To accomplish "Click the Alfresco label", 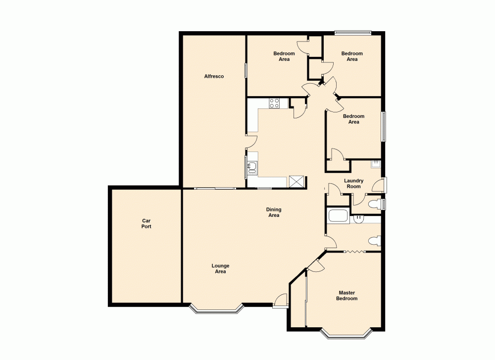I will click(x=214, y=76).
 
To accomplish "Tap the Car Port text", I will click(x=146, y=223).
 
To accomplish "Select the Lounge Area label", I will click(x=220, y=269).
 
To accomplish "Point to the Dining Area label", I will click(x=274, y=212).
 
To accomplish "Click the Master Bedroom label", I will click(x=346, y=296).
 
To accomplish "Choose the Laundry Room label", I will click(x=353, y=184).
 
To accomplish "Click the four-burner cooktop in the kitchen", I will click(x=274, y=103).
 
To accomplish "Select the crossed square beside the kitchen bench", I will click(x=297, y=182).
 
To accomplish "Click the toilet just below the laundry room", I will click(x=377, y=204).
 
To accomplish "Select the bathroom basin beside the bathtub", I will click(x=359, y=218).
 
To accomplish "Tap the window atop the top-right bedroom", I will click(x=352, y=33).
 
